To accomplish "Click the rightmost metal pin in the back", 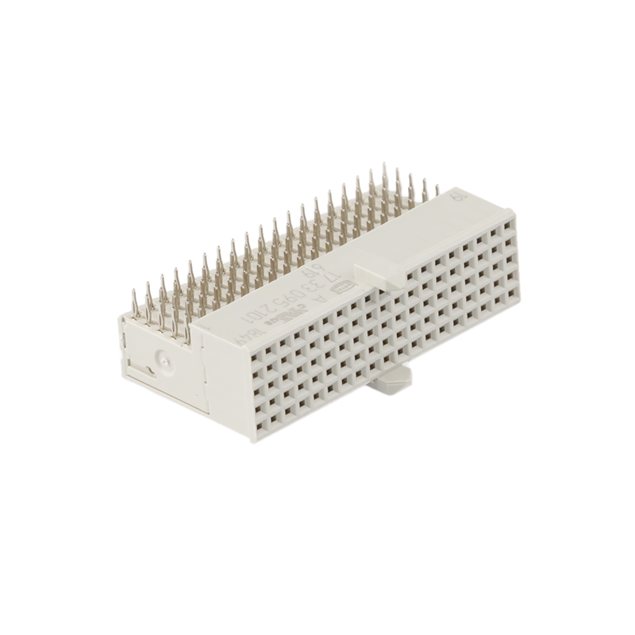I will pos(436,189).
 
